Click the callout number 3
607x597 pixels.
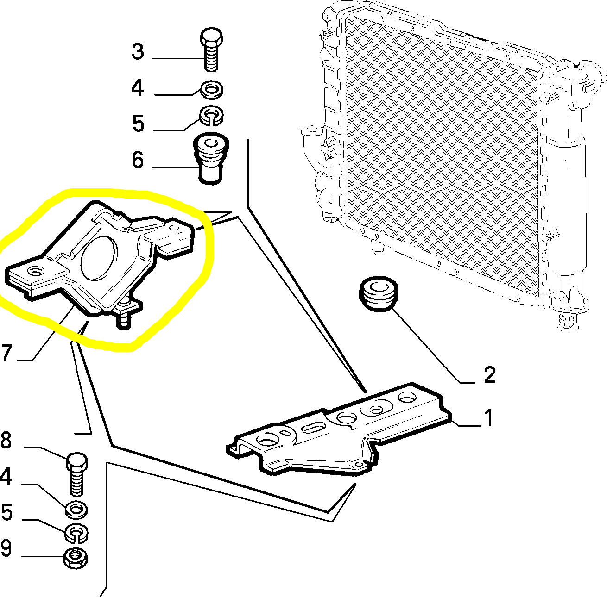(138, 51)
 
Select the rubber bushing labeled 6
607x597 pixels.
(211, 159)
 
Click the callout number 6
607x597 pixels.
(138, 160)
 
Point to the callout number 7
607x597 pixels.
(6, 353)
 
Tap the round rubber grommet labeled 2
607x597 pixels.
(378, 294)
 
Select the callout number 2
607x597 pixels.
(489, 375)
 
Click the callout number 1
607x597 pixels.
(488, 418)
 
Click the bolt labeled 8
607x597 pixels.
(77, 473)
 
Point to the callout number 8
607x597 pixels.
(6, 440)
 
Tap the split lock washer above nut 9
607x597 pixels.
(76, 534)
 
